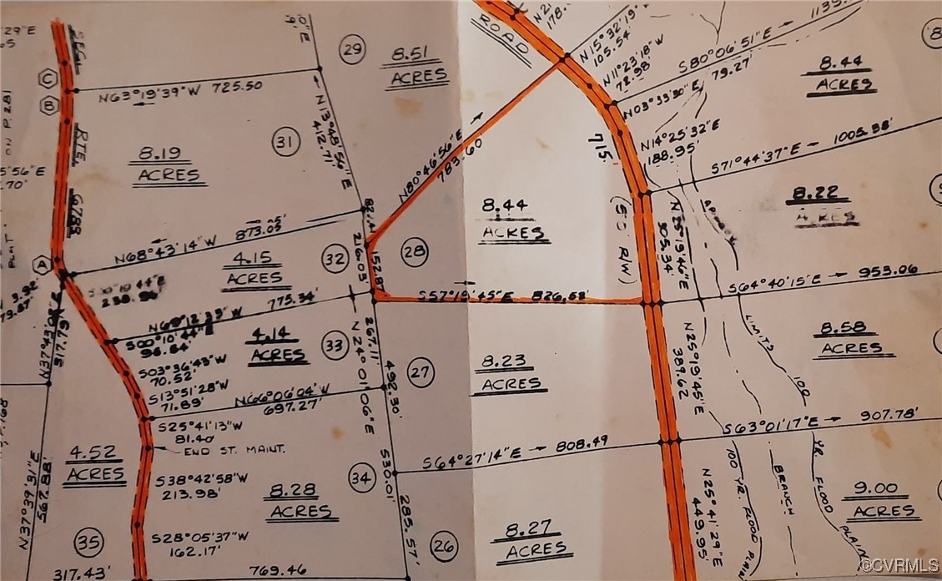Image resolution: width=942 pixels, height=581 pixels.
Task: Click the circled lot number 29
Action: click(x=353, y=51)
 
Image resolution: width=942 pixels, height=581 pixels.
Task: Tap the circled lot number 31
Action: click(x=285, y=143)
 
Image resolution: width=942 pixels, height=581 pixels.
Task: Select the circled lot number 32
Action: click(x=335, y=260)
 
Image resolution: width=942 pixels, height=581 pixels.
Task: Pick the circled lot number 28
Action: click(x=414, y=250)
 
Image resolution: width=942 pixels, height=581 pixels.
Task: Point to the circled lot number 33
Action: click(x=335, y=344)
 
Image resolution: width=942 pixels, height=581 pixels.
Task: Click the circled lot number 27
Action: click(x=421, y=372)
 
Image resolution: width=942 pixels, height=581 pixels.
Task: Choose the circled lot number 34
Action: click(x=361, y=478)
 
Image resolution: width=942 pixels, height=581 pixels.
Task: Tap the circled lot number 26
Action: click(x=444, y=547)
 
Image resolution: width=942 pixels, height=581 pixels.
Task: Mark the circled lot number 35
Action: click(x=88, y=543)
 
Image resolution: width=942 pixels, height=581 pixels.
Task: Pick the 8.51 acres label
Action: click(x=416, y=68)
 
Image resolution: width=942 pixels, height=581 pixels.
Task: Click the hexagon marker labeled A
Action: click(x=40, y=265)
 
